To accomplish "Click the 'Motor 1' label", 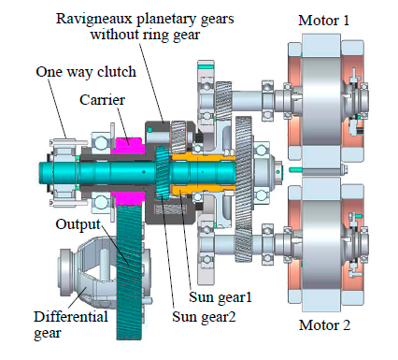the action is coord(323,21).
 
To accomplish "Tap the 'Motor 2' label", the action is coord(324,325).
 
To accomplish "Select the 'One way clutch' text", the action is coord(86,72).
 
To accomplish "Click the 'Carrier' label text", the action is coord(102,100).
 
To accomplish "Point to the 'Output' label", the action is coord(78,224).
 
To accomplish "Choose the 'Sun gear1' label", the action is coord(220,297).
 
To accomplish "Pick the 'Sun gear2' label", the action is coord(204,317).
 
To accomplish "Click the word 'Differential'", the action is coord(71,317).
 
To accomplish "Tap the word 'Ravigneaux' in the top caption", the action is coord(94,20).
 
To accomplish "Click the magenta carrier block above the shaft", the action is coord(129,145).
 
